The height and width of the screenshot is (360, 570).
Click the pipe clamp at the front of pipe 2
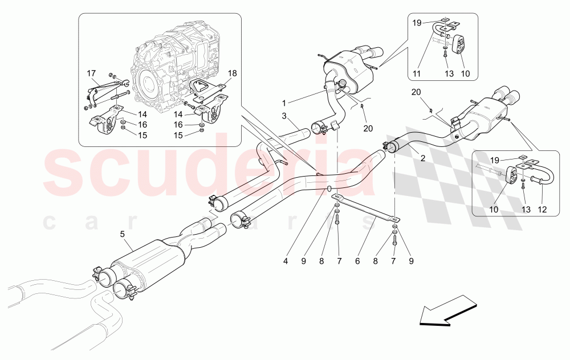click(x=391, y=147)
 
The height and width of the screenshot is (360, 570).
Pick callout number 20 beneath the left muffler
click(x=367, y=128)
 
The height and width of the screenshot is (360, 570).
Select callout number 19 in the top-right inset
click(x=417, y=23)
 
